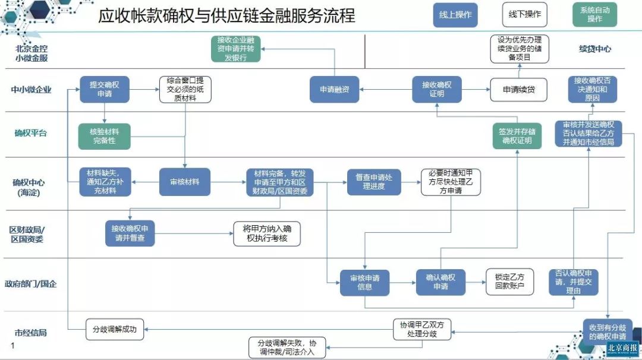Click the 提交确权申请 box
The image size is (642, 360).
[105, 90]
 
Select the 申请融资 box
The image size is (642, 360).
[334, 90]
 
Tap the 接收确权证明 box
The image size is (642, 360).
[437, 90]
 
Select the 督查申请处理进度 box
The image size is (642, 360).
[374, 182]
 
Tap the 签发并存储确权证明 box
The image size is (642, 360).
[516, 136]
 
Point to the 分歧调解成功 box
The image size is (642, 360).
[115, 329]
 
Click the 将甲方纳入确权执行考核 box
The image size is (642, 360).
[267, 234]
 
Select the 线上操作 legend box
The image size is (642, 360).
[455, 15]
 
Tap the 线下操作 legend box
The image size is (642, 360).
[525, 15]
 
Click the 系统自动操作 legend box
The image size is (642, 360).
[594, 15]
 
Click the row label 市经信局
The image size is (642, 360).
[31, 333]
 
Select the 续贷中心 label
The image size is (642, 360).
[594, 49]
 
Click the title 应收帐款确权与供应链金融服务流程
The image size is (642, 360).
[226, 15]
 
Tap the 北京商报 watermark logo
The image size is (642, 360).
[622, 349]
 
